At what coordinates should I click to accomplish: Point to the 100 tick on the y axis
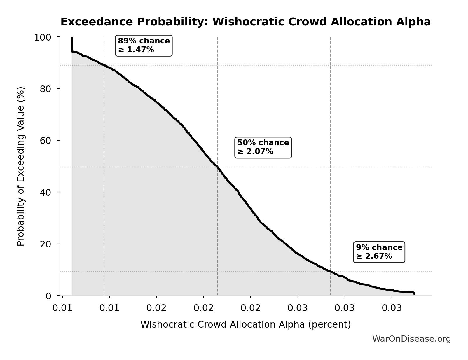[x=43, y=37]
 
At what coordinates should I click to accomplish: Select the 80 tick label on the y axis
[x=46, y=89]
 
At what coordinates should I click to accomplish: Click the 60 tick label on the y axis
[x=46, y=141]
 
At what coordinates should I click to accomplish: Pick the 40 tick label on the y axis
[x=46, y=192]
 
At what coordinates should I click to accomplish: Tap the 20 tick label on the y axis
[x=46, y=244]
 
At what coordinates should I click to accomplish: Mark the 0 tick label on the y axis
[x=48, y=296]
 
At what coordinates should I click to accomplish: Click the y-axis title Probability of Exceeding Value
[x=21, y=166]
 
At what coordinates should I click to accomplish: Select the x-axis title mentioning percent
[x=245, y=324]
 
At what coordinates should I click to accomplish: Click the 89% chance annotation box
[x=144, y=45]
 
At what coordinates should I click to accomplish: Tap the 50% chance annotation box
[x=263, y=147]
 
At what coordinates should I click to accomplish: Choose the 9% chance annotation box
[x=379, y=252]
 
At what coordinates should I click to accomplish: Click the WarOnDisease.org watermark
[x=411, y=339]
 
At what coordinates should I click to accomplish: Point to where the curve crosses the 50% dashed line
[x=218, y=167]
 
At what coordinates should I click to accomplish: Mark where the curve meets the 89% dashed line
[x=104, y=65]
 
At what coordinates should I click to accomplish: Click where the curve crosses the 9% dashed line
[x=331, y=272]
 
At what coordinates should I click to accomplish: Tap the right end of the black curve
[x=414, y=293]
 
